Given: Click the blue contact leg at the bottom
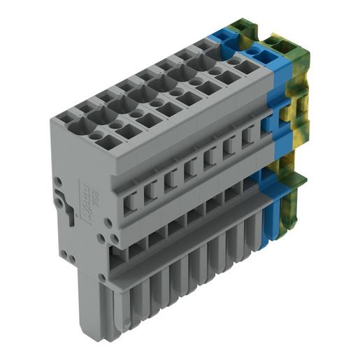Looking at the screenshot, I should click(x=267, y=227).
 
